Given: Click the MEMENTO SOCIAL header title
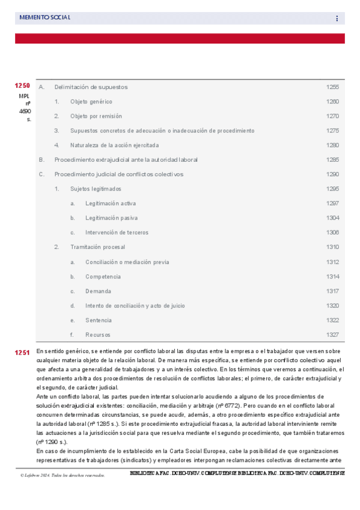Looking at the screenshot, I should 45,18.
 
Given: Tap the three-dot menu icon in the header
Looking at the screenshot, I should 337,19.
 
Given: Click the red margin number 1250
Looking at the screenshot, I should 22,85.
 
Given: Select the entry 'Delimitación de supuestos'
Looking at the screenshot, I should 91,87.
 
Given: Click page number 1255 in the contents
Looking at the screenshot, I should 332,87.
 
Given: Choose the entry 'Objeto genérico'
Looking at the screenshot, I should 91,102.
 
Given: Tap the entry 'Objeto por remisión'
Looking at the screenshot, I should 96,116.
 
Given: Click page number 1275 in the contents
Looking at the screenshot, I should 332,131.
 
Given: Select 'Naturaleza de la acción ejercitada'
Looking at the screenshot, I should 115,145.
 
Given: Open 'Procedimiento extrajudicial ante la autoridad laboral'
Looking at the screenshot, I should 126,160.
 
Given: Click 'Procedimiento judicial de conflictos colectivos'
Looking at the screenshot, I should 119,174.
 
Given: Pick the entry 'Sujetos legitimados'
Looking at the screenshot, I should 96,189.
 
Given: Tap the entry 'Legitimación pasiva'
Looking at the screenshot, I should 111,218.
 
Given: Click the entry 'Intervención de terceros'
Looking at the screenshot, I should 117,232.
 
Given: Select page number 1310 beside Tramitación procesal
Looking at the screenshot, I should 332,247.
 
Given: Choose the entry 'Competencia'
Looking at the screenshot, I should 103,277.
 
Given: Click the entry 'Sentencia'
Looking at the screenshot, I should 98,320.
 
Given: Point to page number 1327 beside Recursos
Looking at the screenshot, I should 332,334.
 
